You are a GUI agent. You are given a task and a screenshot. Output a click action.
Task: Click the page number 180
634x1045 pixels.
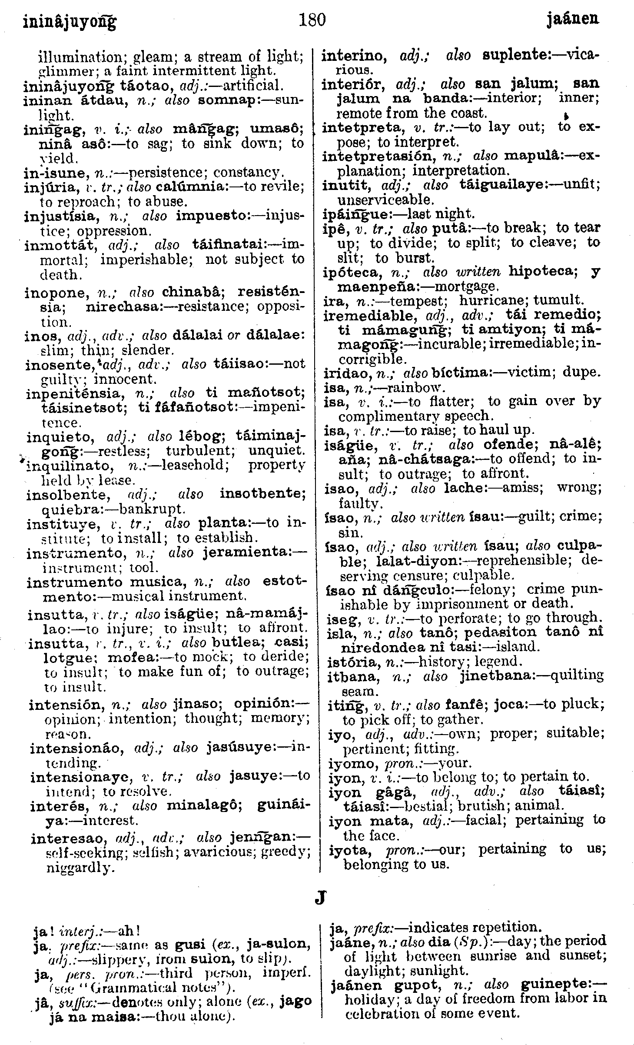tap(312, 19)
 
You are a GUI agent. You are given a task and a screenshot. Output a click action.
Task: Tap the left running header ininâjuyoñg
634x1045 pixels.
tap(70, 22)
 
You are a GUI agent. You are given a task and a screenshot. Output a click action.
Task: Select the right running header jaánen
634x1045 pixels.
tap(572, 19)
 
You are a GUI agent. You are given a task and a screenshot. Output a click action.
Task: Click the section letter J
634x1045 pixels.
tap(320, 897)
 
